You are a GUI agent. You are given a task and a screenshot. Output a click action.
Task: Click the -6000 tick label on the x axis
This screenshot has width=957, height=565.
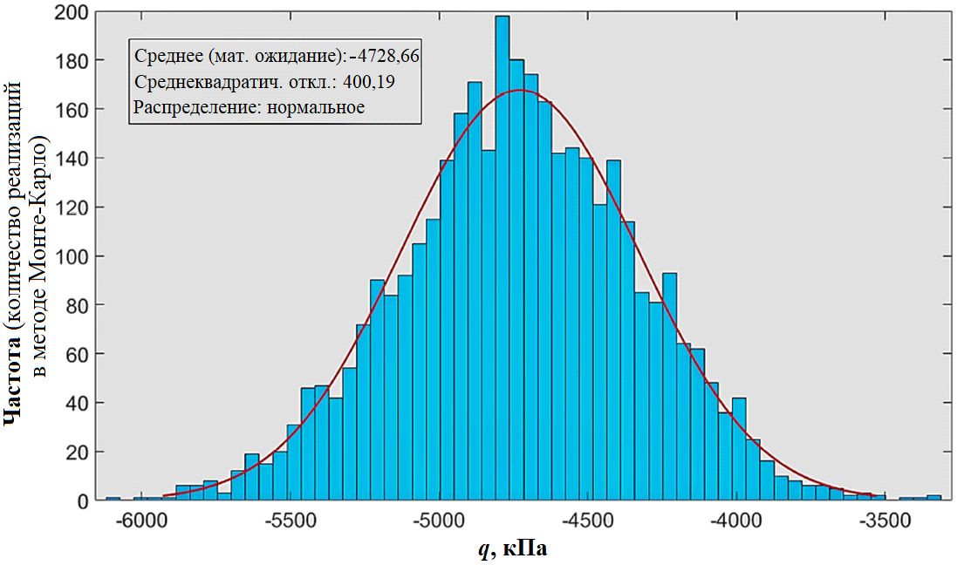coord(142,522)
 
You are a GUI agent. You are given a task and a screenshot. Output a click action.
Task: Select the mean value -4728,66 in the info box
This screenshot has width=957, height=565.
coord(385,57)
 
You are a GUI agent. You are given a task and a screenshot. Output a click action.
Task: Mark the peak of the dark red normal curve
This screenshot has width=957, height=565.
coord(520,90)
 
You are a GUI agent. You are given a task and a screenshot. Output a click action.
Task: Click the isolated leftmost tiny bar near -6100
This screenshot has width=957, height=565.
coord(113,499)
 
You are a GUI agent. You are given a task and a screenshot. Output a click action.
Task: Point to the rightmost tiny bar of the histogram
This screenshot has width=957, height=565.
coord(933,498)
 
